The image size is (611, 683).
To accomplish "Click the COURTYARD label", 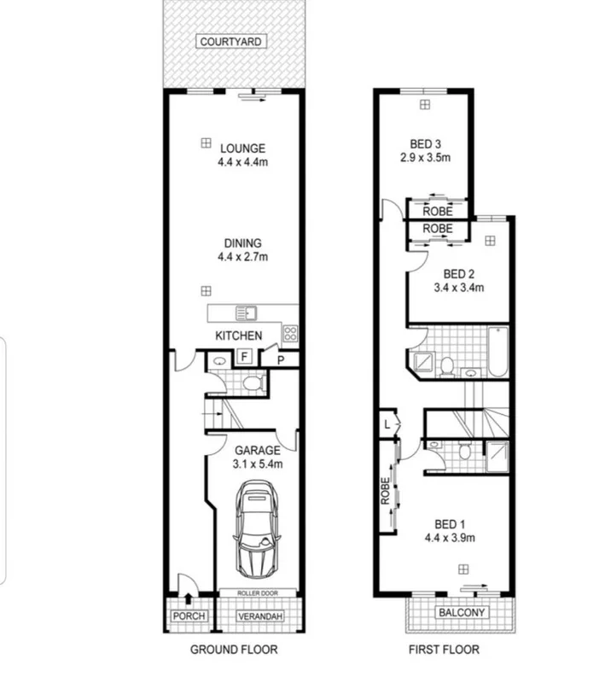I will coord(231,41).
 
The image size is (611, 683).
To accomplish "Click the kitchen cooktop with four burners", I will coord(290,335).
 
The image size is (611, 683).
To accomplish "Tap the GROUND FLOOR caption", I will coord(233,650).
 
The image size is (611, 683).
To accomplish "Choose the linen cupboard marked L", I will coord(387,424).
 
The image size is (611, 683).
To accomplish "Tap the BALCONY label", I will coord(462,613).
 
